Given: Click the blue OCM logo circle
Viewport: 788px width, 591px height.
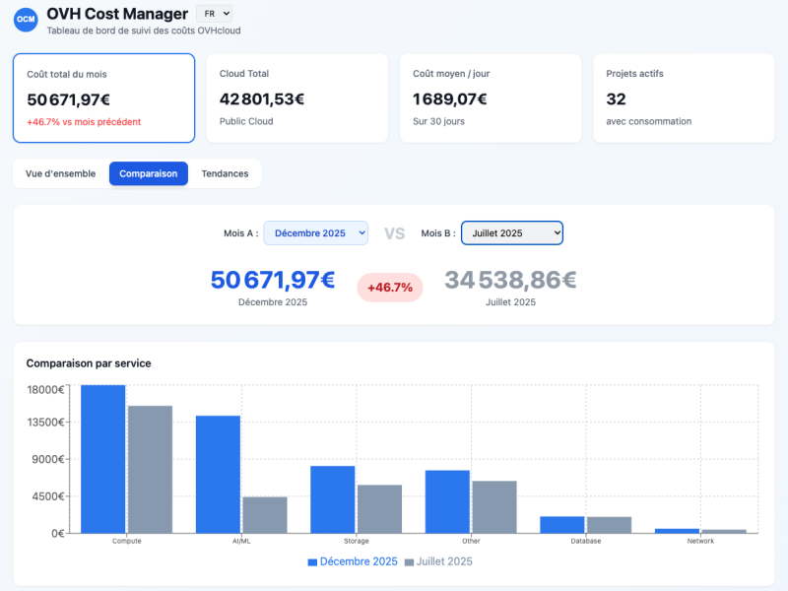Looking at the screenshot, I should [26, 19].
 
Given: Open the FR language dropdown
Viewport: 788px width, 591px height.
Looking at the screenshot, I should [214, 14].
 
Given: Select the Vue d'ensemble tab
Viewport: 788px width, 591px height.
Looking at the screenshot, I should [60, 173].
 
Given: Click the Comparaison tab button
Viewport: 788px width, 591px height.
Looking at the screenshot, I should [149, 173].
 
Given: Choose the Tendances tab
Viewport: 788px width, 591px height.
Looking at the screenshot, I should [225, 173].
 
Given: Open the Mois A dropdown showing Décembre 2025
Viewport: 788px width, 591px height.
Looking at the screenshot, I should [315, 233].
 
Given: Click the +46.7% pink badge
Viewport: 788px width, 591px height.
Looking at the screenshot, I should [389, 288].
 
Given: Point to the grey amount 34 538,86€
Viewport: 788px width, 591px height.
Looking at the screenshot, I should [510, 280].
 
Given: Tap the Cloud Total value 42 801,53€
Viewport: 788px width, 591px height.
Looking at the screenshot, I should [262, 98].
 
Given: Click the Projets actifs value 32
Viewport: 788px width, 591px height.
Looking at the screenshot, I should [617, 98].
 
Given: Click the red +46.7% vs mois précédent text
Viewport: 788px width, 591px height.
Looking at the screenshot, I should [84, 122].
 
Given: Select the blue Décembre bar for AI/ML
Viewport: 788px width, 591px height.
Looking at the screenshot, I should [218, 474].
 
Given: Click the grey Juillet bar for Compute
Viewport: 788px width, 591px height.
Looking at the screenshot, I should [150, 469].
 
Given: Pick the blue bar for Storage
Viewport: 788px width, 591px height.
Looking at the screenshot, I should [333, 499].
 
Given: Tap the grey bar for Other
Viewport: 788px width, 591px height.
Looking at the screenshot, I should [494, 507].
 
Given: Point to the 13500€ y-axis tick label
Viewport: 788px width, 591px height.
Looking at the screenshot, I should [45, 422].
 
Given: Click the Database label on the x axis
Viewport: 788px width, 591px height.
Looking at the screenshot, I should [586, 541].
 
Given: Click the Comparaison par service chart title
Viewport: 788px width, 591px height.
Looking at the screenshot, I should [89, 363].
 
